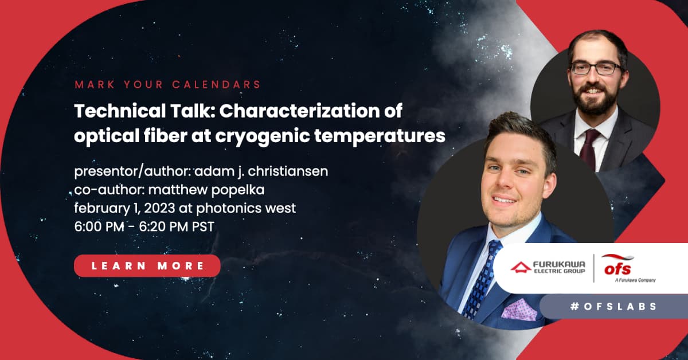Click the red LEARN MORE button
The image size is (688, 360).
(147, 265)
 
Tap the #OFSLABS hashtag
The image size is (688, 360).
(613, 306)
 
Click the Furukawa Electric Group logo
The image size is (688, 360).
(548, 267)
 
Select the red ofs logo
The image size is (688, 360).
(617, 266)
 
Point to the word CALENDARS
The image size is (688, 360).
(217, 84)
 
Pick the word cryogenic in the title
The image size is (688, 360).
(262, 136)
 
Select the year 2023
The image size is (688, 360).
(159, 208)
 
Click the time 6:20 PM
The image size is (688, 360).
(163, 227)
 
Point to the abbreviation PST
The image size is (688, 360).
(203, 227)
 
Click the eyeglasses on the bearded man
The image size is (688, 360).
(596, 68)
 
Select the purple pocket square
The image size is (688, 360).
(519, 310)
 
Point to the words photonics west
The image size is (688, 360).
(246, 209)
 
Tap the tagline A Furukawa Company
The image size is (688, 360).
(635, 280)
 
